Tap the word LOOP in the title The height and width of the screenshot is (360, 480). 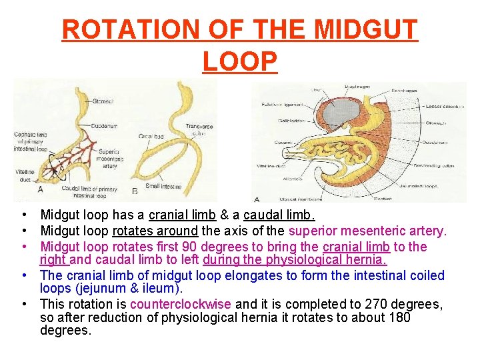click(239, 61)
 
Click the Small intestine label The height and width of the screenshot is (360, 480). click(164, 187)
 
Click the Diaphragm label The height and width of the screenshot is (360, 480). click(358, 87)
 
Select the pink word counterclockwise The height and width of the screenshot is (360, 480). click(181, 304)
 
